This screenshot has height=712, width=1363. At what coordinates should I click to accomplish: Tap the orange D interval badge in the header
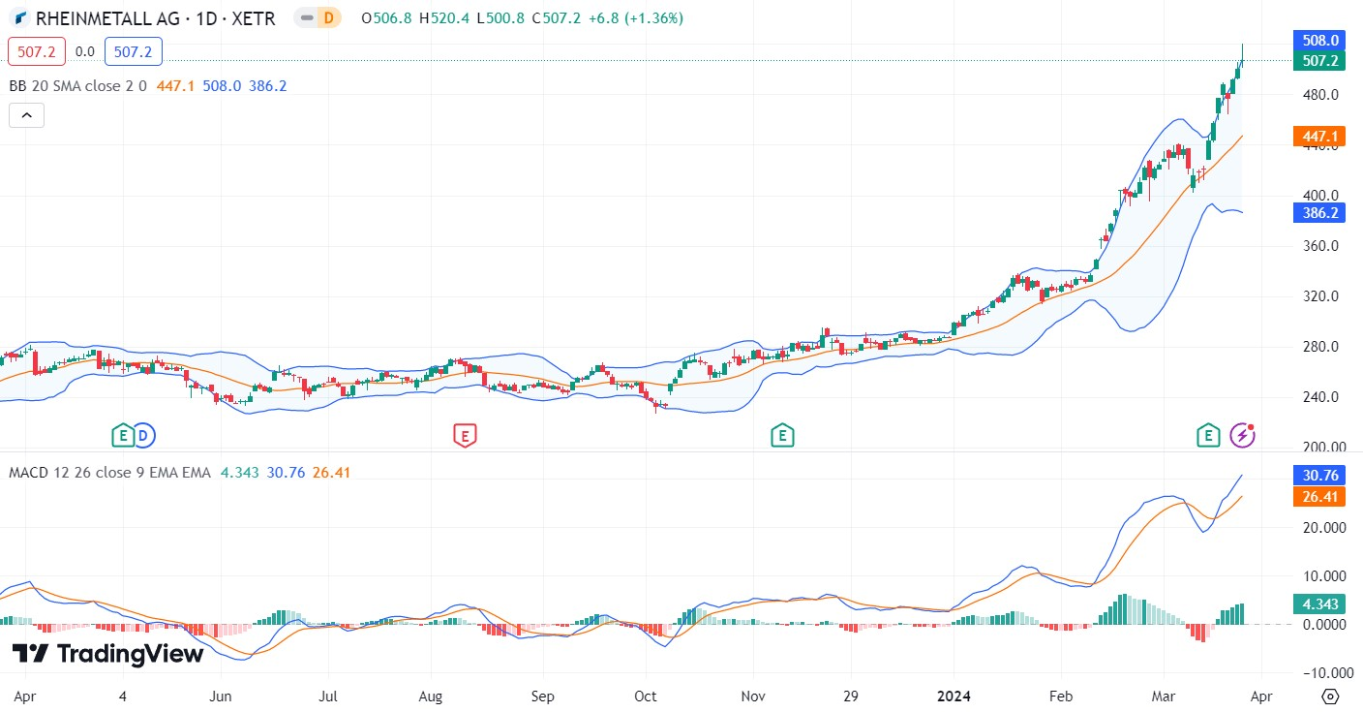coord(329,18)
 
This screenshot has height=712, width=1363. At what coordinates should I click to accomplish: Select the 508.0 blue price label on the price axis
coord(1318,41)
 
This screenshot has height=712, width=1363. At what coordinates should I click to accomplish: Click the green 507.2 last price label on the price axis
coord(1318,61)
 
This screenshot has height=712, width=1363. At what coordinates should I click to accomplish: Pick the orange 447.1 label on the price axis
coord(1318,137)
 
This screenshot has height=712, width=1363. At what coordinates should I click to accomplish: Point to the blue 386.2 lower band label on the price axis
coord(1318,213)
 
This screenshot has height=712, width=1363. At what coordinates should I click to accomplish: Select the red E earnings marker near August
coord(466,436)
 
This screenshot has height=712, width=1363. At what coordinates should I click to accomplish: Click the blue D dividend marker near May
coord(144,436)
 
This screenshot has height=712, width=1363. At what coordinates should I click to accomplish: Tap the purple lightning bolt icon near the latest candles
coord(1242,436)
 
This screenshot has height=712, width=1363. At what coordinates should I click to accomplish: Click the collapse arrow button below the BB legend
coord(26,115)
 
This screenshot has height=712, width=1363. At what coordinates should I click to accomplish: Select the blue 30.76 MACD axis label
coord(1318,476)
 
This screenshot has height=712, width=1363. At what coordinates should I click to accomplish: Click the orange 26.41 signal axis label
coord(1318,497)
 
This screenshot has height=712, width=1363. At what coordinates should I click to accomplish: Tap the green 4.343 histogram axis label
coord(1318,604)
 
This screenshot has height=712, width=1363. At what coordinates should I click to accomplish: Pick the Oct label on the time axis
coord(645,696)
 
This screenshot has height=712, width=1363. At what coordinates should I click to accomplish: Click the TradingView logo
coord(108,654)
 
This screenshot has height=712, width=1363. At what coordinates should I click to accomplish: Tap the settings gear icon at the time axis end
coord(1330,696)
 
